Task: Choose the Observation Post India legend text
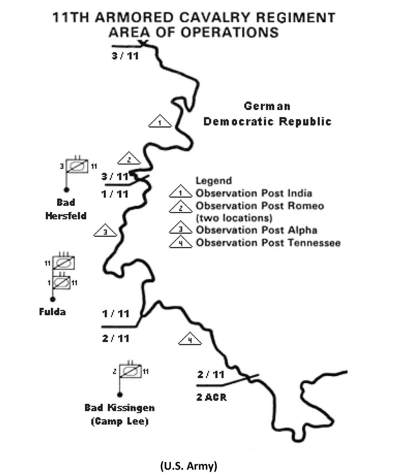click(x=254, y=193)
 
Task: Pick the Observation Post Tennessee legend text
click(x=268, y=243)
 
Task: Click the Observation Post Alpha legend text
click(x=256, y=230)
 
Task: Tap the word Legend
click(x=213, y=181)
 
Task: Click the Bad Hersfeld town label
click(x=72, y=209)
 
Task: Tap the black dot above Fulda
click(x=53, y=299)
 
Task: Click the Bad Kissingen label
click(x=119, y=408)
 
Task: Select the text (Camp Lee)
click(x=119, y=421)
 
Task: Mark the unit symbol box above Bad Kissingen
click(x=130, y=371)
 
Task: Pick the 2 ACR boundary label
click(x=211, y=396)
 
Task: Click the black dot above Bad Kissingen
click(x=120, y=394)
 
